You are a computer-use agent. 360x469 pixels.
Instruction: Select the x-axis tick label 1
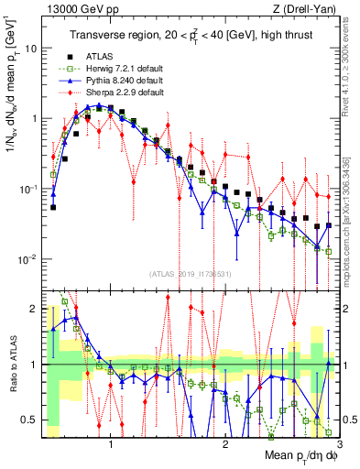(111, 446)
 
